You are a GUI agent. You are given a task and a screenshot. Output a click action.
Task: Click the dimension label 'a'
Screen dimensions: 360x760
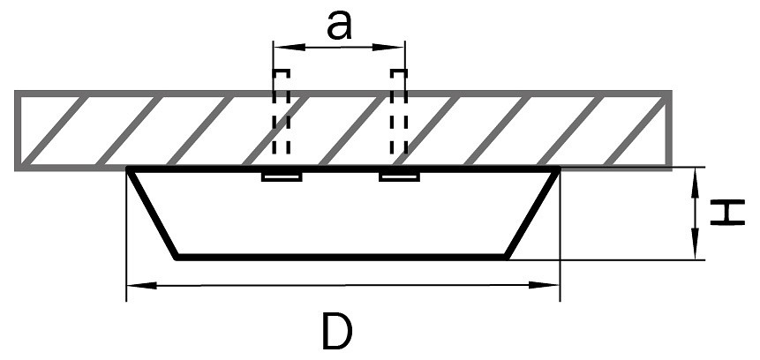(x=338, y=26)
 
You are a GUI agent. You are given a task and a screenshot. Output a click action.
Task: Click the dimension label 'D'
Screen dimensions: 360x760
(x=338, y=332)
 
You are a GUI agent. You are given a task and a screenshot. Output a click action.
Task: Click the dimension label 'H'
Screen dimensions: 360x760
(x=727, y=213)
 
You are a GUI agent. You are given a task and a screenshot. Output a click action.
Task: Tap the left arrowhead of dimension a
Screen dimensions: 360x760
(x=279, y=47)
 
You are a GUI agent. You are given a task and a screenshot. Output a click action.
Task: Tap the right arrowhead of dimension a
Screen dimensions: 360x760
(x=398, y=47)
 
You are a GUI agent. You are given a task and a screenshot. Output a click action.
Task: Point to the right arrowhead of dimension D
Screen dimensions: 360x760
(x=552, y=285)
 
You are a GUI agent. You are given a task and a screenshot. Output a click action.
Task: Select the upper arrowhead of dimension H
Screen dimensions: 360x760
(x=698, y=174)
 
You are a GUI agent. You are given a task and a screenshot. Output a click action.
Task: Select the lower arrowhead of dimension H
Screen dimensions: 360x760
(x=698, y=252)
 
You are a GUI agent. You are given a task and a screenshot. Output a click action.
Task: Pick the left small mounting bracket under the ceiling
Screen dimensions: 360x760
(x=282, y=177)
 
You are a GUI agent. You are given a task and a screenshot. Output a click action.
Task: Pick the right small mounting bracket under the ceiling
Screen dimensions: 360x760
(x=398, y=177)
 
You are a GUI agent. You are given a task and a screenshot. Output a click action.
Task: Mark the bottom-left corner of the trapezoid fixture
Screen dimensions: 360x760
(x=177, y=258)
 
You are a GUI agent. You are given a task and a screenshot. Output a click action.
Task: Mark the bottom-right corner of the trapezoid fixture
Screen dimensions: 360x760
(x=508, y=258)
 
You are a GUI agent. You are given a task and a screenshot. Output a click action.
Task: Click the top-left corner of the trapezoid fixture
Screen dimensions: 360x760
(x=129, y=168)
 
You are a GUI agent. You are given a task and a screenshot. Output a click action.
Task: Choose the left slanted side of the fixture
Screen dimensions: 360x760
(x=153, y=213)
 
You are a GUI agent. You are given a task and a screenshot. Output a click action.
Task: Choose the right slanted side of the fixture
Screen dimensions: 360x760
(x=533, y=213)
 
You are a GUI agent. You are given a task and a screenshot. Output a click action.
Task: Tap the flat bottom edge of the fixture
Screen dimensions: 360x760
(x=342, y=258)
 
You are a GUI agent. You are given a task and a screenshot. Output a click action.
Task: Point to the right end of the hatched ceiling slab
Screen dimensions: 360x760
(x=668, y=129)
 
